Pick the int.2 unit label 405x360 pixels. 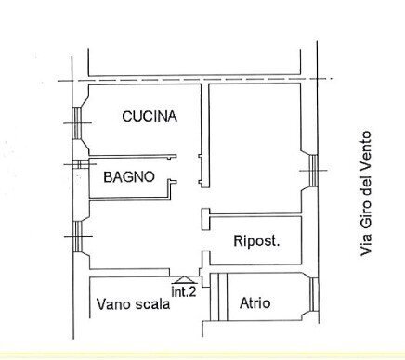click(184, 291)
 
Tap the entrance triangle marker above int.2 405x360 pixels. click(184, 277)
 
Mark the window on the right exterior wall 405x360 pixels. click(314, 170)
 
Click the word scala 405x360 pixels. click(152, 304)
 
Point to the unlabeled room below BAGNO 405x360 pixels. click(139, 237)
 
